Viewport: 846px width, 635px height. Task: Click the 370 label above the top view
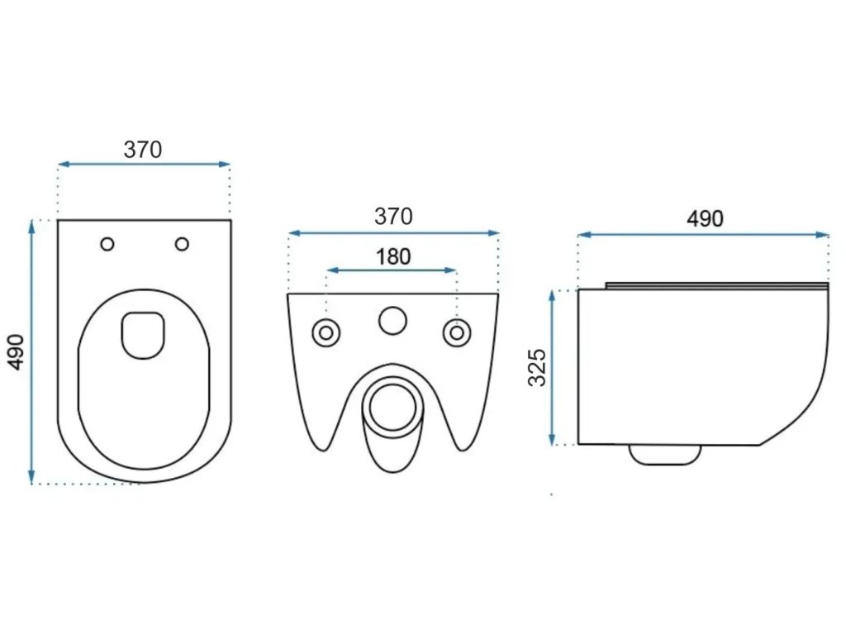pos(143,150)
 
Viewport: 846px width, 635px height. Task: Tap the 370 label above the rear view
pos(393,217)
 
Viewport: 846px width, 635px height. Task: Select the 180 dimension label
pos(393,257)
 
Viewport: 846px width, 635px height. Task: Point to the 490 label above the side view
pos(705,219)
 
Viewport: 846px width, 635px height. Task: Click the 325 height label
pos(538,367)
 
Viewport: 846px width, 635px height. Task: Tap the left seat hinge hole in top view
pos(107,244)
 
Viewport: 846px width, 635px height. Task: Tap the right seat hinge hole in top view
pos(182,244)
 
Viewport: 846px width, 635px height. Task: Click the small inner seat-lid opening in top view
pos(143,334)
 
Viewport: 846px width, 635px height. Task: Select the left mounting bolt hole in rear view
pos(326,333)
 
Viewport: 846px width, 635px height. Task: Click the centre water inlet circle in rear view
pos(392,321)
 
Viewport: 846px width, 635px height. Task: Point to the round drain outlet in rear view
pos(392,406)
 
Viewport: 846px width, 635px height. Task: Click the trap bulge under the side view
pos(665,454)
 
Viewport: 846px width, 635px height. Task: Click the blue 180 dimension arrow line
pos(392,270)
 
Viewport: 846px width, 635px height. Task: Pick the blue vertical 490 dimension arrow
pos(32,351)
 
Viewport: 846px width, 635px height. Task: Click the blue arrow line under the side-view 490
pos(703,235)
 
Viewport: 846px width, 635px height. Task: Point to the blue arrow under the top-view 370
pos(144,165)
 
